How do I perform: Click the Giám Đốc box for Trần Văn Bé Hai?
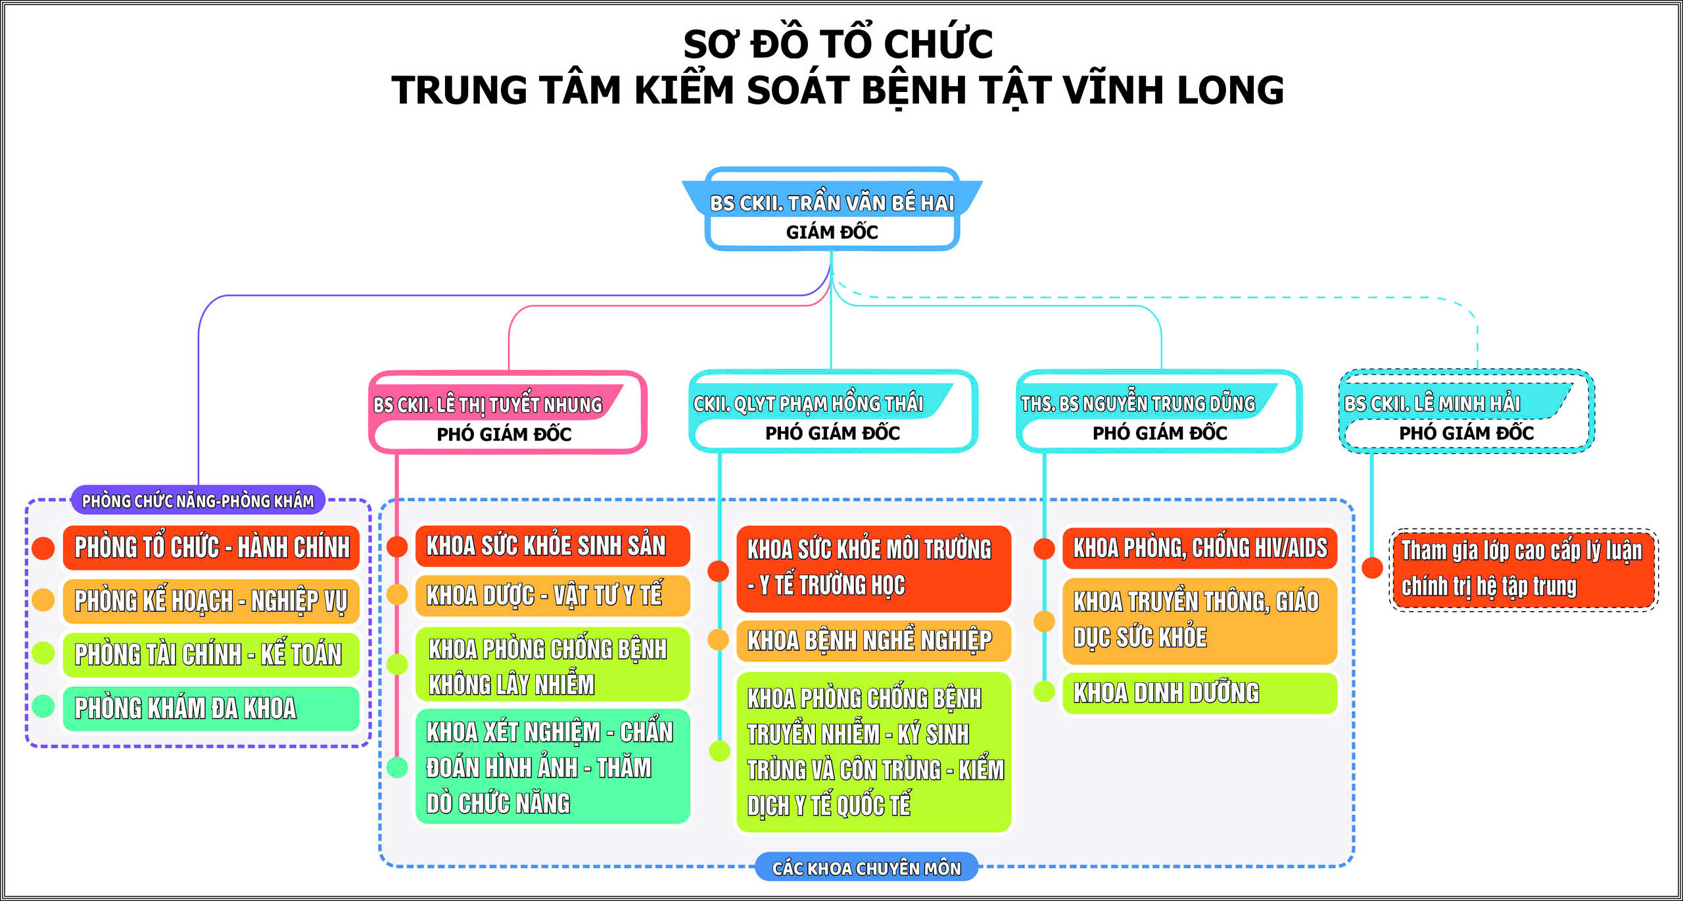click(832, 232)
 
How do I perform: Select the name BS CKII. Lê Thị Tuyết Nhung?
click(487, 404)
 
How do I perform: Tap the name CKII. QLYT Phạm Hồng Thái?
click(808, 404)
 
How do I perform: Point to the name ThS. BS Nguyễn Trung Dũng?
click(1137, 404)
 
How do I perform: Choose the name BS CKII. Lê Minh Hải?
click(1432, 404)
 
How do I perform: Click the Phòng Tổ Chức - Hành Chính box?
click(211, 547)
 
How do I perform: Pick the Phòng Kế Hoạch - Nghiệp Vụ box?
click(211, 601)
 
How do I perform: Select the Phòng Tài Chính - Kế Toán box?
click(211, 655)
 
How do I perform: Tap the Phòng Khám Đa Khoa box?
click(211, 708)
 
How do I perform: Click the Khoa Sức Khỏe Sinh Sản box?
click(552, 545)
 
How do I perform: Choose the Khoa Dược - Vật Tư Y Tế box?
click(552, 595)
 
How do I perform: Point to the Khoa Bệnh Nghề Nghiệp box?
click(873, 640)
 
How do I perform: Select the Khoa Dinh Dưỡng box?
click(1199, 693)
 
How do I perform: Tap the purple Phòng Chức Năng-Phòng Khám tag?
click(198, 501)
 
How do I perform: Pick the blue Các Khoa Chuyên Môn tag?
click(866, 868)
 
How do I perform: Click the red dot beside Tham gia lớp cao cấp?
click(1372, 568)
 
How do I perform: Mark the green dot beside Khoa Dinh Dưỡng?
click(1044, 691)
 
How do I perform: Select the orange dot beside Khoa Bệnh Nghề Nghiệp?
click(718, 639)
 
